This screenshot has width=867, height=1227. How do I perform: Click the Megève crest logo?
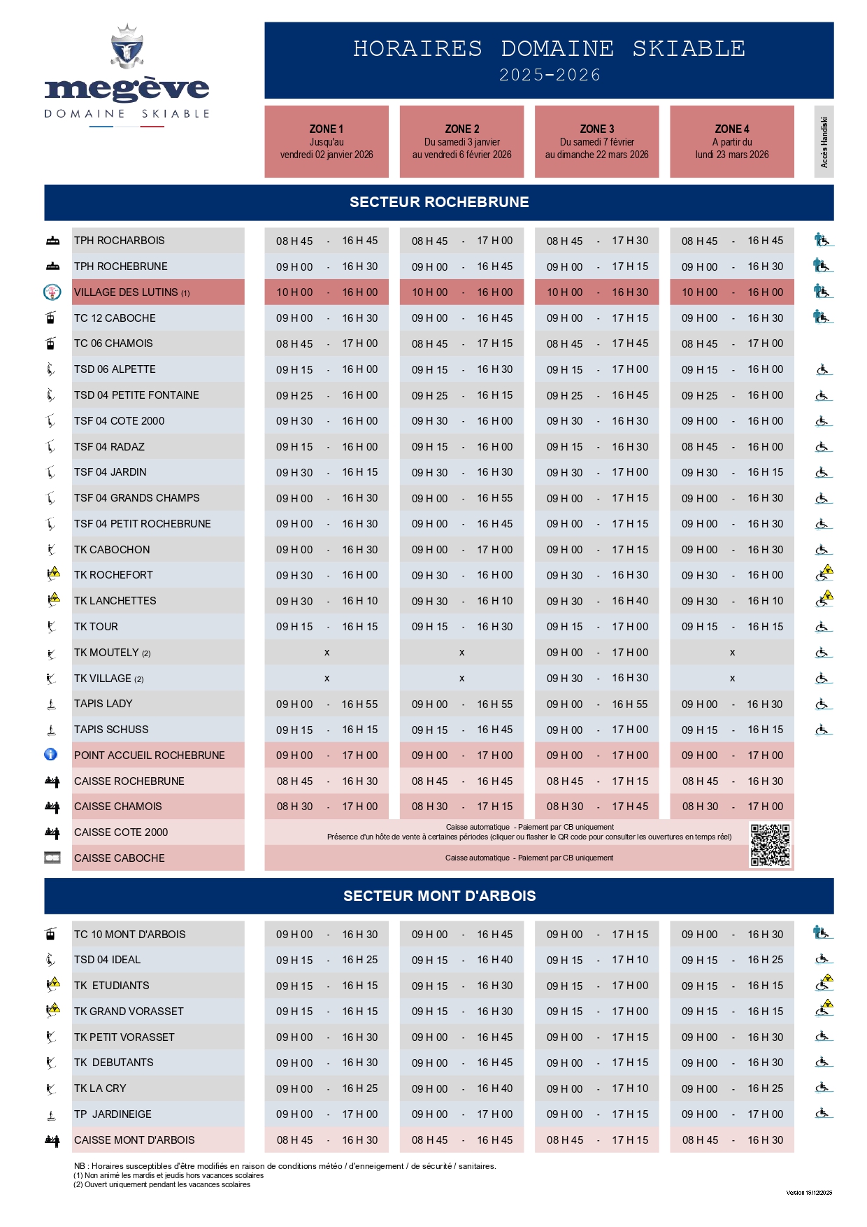tap(127, 47)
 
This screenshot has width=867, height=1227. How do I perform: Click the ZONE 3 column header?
tap(596, 141)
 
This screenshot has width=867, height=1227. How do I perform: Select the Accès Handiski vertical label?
tap(824, 142)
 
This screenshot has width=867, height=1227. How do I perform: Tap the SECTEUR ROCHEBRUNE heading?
tap(438, 202)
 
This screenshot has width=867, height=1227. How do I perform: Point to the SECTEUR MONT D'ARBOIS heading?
tap(438, 896)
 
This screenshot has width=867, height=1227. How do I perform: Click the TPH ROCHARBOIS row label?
tap(120, 241)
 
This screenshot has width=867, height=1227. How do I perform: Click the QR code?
tap(770, 844)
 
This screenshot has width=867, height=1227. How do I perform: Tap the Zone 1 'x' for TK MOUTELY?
tap(327, 653)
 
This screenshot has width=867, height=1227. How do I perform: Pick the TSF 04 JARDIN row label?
tap(110, 472)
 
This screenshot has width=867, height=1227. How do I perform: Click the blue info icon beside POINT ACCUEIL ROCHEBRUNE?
tap(50, 755)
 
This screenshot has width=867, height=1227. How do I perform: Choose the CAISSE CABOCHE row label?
tap(120, 858)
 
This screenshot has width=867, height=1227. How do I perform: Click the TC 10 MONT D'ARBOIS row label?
tap(130, 935)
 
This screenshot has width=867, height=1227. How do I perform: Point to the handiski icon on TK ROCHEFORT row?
tap(824, 574)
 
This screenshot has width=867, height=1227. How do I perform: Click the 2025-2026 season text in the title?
tap(550, 76)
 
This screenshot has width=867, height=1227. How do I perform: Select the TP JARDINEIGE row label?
tap(113, 1114)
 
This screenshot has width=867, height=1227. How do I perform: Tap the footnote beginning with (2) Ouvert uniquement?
tap(162, 1184)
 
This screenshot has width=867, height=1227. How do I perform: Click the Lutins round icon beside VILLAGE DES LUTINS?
tap(52, 292)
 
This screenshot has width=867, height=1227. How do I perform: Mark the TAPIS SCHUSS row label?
tap(111, 730)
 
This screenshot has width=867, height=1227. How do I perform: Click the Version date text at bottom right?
tap(808, 1193)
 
